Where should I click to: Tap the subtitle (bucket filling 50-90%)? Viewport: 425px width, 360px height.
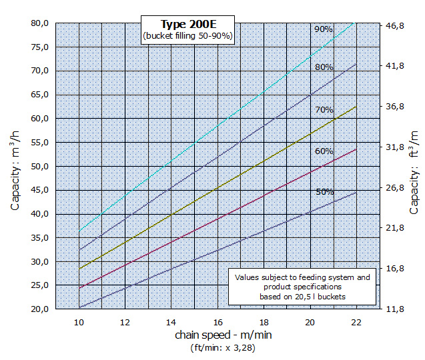point(187,36)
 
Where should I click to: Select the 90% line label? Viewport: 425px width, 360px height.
point(324,29)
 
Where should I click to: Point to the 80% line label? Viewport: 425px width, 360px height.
point(324,67)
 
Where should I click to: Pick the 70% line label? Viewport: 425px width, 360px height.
point(324,109)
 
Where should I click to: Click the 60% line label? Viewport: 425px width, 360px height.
point(324,151)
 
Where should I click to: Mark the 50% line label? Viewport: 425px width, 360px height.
point(325,192)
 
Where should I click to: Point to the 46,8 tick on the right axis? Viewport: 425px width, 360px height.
point(394,25)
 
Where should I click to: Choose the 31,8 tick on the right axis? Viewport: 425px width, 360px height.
point(394,147)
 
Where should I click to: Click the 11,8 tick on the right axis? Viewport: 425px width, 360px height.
point(394,309)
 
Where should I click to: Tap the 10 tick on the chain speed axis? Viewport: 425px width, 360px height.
point(79,322)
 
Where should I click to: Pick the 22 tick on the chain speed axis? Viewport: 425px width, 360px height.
point(356,322)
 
